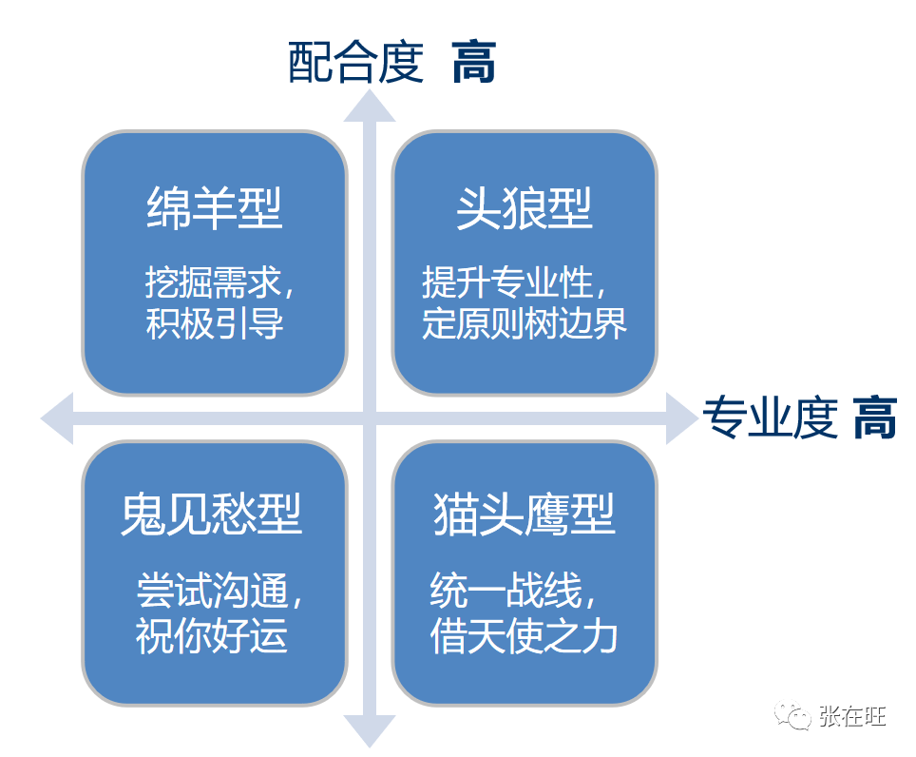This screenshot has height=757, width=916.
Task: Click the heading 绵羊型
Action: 215,208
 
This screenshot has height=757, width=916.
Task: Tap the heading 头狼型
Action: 525,208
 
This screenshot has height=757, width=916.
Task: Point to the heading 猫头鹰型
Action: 525,514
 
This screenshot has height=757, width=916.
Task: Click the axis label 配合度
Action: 354,64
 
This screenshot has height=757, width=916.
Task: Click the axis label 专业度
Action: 771,417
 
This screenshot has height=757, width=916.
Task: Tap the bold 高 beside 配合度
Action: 474,64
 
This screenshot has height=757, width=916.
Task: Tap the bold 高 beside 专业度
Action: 874,417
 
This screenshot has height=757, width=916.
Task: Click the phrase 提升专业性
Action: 508,282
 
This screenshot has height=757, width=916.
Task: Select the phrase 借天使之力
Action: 525,636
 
